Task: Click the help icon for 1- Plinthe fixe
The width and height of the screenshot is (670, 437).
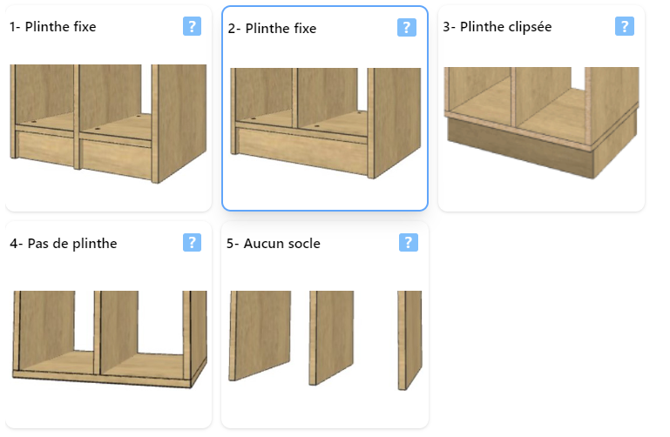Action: tap(193, 26)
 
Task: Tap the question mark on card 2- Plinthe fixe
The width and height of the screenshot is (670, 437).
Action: tap(407, 28)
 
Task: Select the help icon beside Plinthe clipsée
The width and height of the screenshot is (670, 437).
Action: tap(624, 26)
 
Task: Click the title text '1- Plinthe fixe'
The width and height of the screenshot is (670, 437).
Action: tap(52, 27)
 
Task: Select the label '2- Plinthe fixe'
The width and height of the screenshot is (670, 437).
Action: tap(272, 29)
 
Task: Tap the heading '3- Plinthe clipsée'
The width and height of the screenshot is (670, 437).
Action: tap(497, 27)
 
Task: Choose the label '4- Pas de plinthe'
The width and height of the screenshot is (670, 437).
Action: tap(63, 244)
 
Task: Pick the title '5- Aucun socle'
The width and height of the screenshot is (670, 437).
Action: tap(273, 244)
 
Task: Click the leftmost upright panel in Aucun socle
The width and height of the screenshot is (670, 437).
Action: tap(259, 334)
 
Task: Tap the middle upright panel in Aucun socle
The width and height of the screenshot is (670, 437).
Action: tap(332, 336)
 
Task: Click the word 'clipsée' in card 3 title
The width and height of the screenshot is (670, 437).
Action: tap(525, 27)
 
